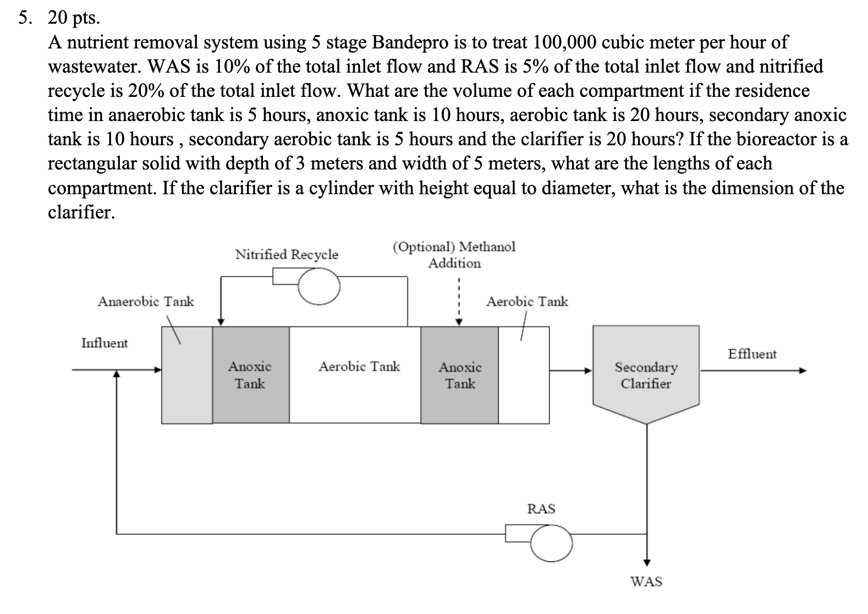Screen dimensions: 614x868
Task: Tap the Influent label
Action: click(104, 343)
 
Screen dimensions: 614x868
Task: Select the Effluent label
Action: click(752, 354)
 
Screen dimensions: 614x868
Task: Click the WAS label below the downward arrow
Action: click(646, 581)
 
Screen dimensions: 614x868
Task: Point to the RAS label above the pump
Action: click(541, 508)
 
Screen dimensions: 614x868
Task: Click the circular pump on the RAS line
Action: click(551, 542)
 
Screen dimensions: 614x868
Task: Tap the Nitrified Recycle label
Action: click(287, 254)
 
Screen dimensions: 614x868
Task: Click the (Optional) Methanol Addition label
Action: click(454, 254)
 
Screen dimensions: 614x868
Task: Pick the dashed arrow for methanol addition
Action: click(458, 303)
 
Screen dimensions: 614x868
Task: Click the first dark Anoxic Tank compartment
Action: click(250, 375)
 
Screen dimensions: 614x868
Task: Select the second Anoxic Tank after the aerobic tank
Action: click(460, 375)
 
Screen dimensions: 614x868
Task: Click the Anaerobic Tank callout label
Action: click(146, 301)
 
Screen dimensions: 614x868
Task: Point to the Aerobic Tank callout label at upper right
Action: click(527, 301)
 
